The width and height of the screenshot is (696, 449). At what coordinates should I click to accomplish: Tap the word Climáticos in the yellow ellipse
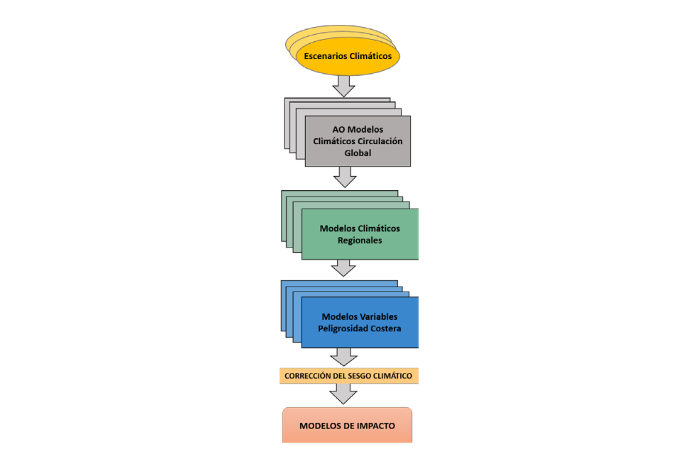(x=371, y=55)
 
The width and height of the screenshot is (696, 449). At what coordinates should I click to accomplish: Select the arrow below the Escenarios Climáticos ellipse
(x=345, y=84)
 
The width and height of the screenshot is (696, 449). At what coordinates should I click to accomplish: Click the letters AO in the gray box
(x=338, y=130)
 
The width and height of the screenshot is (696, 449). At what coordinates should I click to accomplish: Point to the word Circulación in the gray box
(x=379, y=141)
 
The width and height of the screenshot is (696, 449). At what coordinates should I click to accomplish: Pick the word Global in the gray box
(x=358, y=153)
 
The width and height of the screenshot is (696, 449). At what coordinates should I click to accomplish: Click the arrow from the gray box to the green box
(x=345, y=177)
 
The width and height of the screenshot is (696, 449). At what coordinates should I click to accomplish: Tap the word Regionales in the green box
(x=360, y=240)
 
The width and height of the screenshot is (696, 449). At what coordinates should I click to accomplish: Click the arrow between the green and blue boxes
(x=345, y=267)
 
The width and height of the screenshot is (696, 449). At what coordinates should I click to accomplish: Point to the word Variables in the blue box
(x=379, y=316)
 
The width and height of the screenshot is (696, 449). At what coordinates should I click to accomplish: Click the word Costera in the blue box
(x=387, y=328)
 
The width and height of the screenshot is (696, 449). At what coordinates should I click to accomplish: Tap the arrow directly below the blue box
(x=345, y=356)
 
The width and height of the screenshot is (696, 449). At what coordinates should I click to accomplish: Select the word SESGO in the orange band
(x=364, y=375)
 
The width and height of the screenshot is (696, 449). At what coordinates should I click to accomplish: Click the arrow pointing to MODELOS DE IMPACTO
(x=345, y=394)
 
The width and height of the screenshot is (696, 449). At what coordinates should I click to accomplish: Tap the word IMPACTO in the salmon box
(x=373, y=426)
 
